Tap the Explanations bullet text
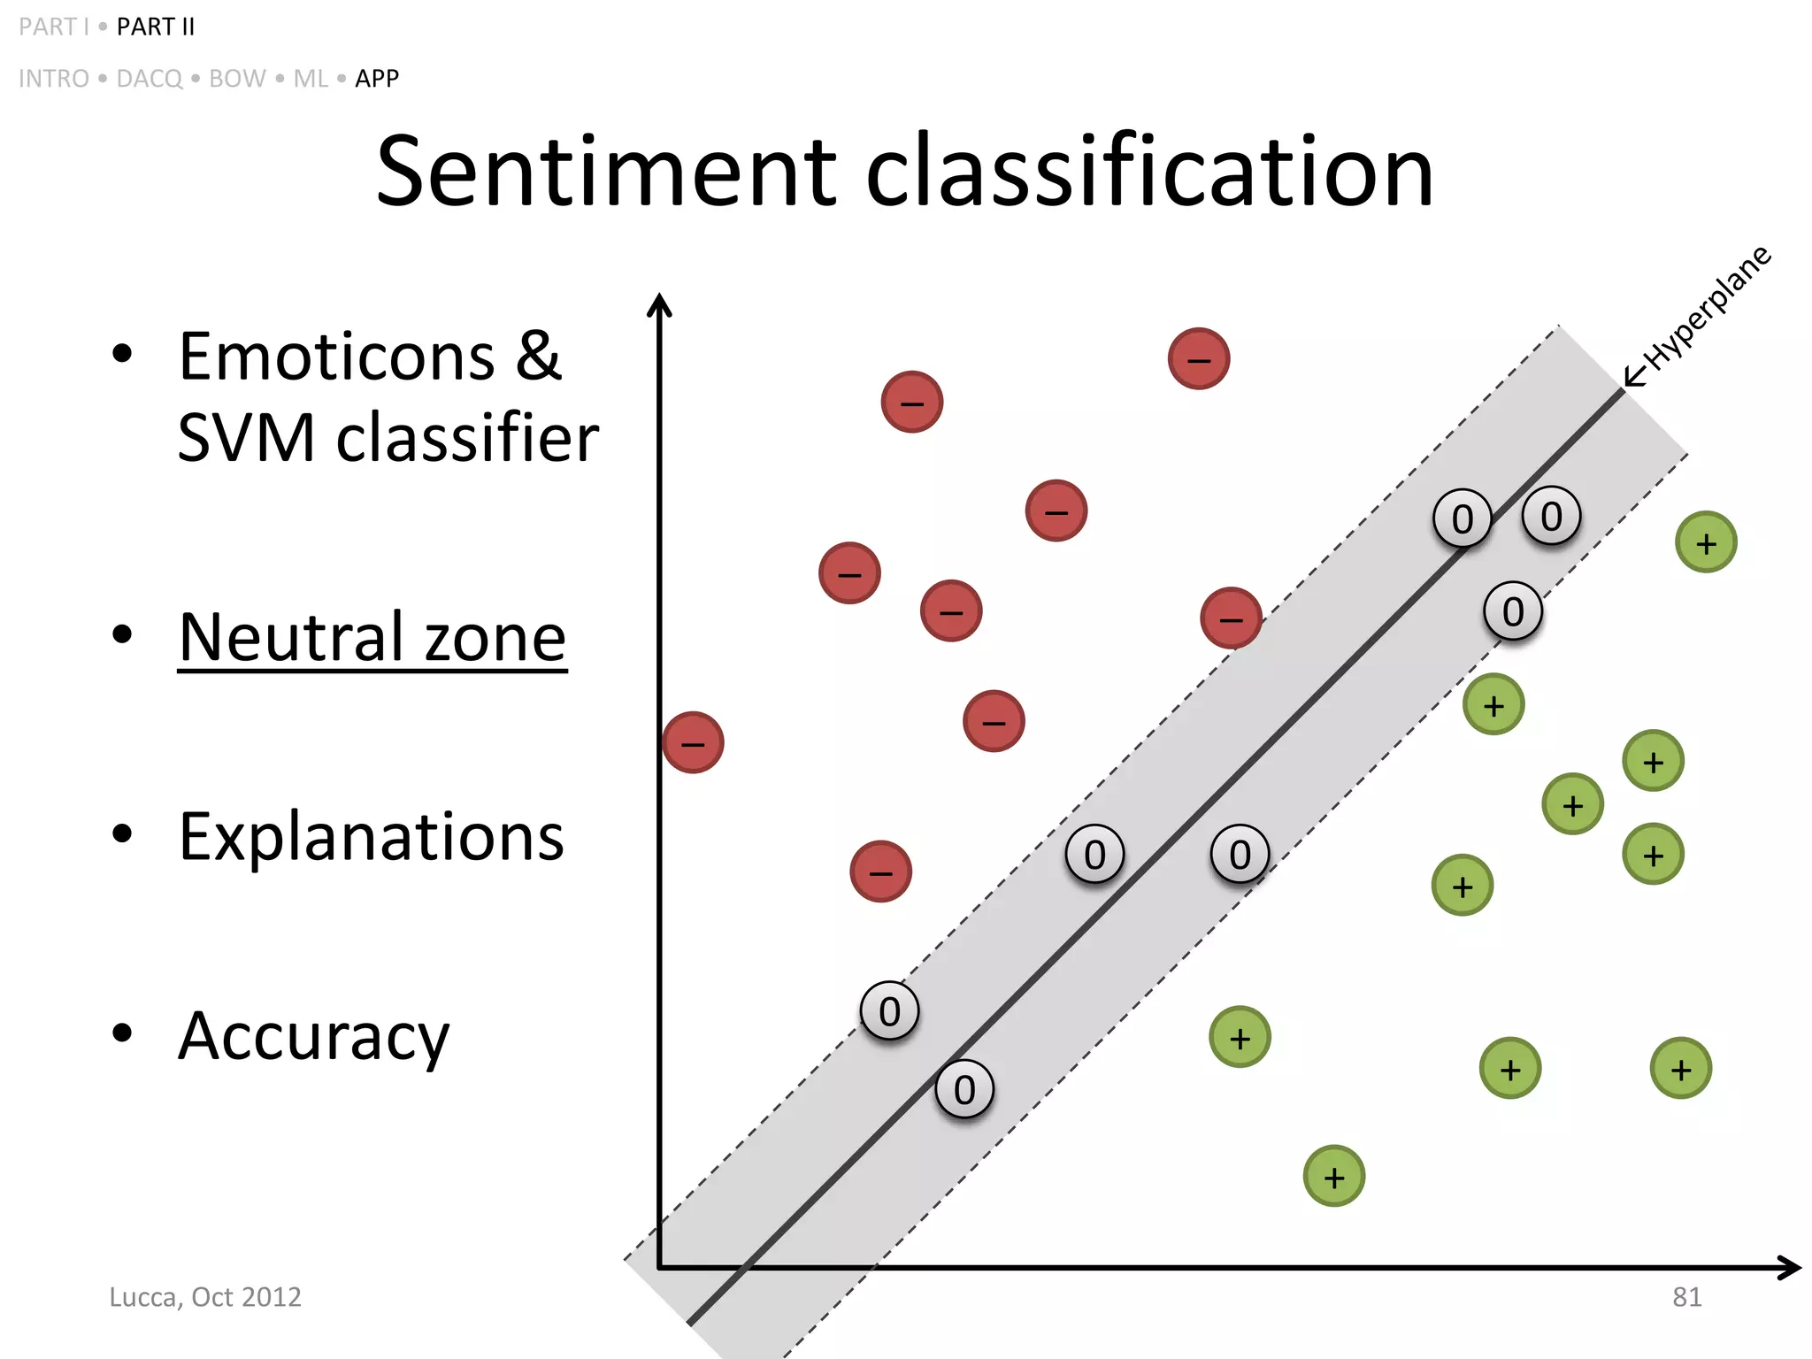(372, 837)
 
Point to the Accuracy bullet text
(313, 1037)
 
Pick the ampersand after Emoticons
(538, 357)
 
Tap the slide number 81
(1686, 1297)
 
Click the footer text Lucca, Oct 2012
(205, 1297)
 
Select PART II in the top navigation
(156, 27)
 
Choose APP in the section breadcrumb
(377, 79)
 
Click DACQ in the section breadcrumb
(150, 79)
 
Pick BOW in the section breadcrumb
(237, 79)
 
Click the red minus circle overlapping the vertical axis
(693, 742)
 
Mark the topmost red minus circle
(1199, 358)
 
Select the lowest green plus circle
(1334, 1177)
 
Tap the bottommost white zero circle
(964, 1089)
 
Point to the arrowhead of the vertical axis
(659, 304)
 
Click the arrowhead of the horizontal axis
(1791, 1268)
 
